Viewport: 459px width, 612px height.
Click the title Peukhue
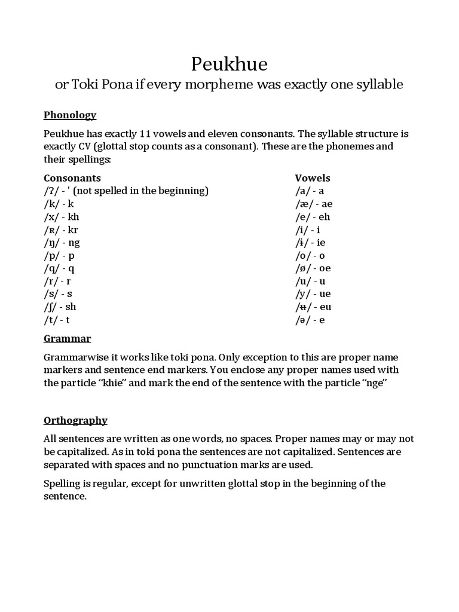229,63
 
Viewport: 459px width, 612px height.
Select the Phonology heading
70,115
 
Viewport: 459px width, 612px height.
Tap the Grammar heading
68,339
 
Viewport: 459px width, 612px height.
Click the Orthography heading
75,420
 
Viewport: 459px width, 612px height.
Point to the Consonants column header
72,178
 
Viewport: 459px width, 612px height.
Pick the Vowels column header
313,178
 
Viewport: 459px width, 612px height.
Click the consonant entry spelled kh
62,217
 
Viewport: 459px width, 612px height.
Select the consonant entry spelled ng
62,243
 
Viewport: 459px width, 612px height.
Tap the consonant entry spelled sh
60,307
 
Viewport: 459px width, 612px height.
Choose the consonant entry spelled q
59,268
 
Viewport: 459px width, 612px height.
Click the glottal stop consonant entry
126,191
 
